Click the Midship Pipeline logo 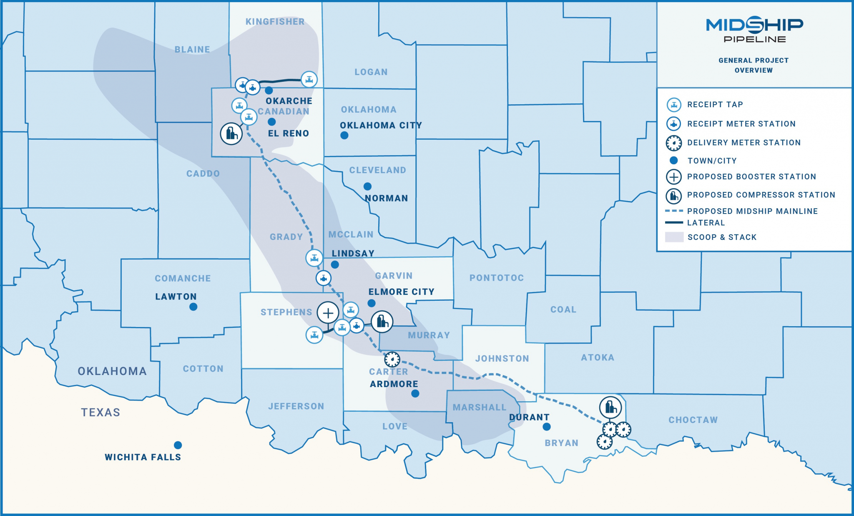754,30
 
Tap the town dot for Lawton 193,307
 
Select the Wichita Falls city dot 178,445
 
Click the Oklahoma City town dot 344,135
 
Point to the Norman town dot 367,186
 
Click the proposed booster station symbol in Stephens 328,313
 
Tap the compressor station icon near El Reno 231,133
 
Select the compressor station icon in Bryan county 610,407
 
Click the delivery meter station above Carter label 392,359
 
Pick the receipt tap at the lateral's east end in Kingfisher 309,79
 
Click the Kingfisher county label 275,22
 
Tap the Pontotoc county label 496,278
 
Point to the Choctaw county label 693,420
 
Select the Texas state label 100,413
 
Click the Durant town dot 547,427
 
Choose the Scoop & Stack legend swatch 674,237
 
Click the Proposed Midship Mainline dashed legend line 674,211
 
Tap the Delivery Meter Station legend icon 674,143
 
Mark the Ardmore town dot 415,393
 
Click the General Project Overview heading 754,65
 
